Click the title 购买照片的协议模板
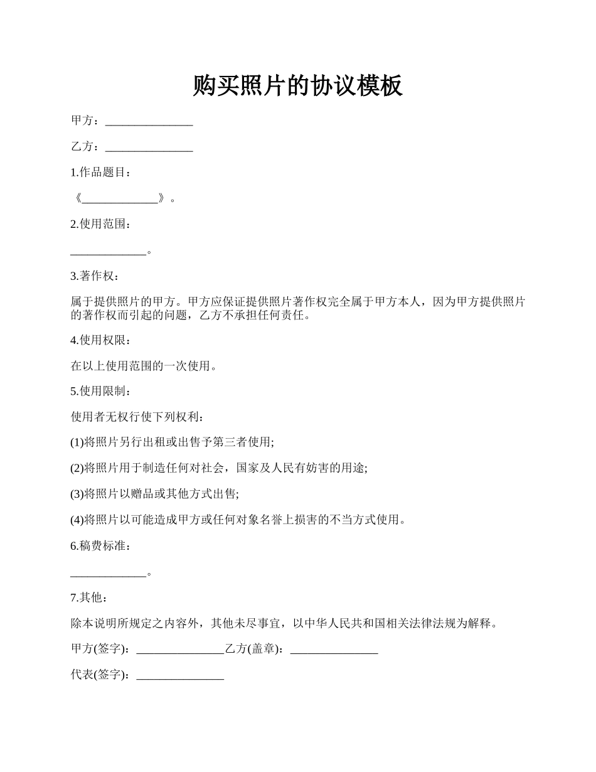coord(297,86)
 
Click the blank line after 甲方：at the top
coord(149,123)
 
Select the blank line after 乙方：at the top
coord(149,149)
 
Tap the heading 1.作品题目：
coord(101,173)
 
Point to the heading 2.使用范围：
coord(101,224)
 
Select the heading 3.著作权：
coord(94,276)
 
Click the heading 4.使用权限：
coord(101,340)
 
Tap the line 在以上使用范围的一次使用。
coord(144,366)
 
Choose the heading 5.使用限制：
coord(101,392)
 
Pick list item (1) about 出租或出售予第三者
coord(173,442)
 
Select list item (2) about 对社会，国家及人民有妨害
coord(219,468)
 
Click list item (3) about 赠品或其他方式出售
coord(155,494)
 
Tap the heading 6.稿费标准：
coord(101,546)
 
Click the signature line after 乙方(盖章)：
coord(334,651)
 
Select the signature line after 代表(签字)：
coord(180,677)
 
